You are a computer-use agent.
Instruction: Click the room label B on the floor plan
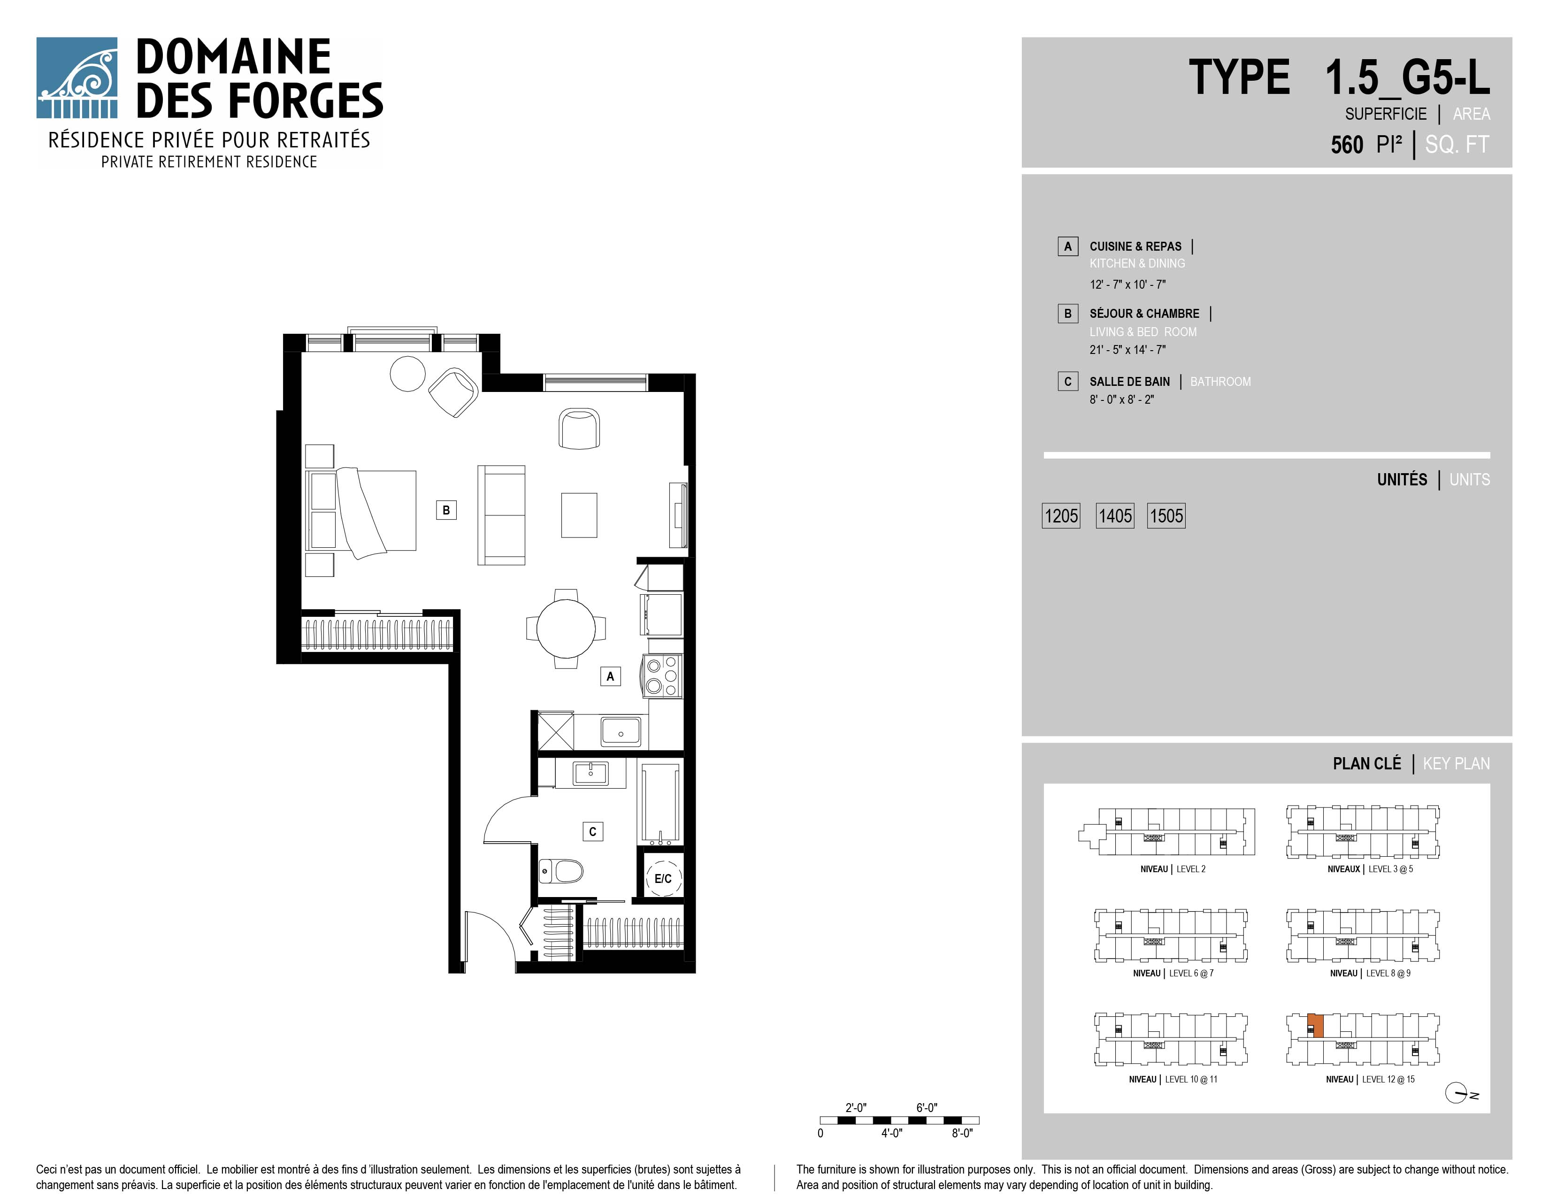pos(446,510)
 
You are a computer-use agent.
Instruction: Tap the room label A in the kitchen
pos(610,676)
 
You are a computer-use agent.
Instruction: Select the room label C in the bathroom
pos(593,831)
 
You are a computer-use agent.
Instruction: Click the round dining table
pos(566,628)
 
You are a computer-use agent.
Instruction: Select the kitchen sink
pos(621,731)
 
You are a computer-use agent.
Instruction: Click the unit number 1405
pos(1115,515)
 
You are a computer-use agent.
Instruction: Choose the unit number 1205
pos(1061,515)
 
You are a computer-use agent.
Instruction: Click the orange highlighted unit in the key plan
pos(1316,1026)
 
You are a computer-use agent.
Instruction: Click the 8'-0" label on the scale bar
pos(962,1133)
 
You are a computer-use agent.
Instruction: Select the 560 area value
pos(1347,145)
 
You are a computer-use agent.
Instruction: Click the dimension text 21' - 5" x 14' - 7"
pos(1127,350)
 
